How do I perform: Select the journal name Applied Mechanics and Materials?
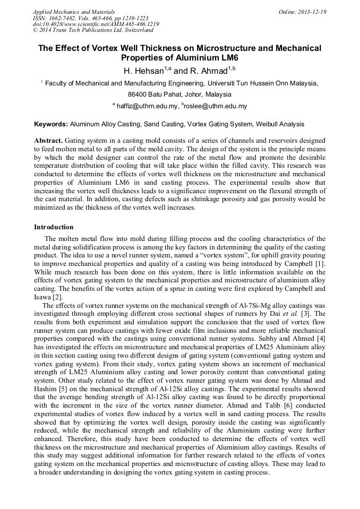[74, 11]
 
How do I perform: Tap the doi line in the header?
[96, 24]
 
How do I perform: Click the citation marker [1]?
[320, 264]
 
